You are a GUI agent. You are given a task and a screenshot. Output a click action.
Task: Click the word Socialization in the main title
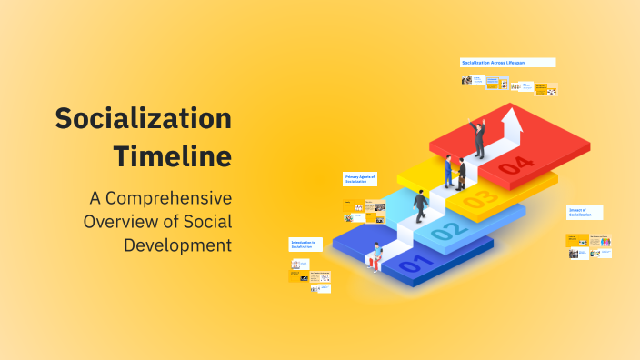point(143,119)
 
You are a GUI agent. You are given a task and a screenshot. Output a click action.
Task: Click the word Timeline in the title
point(172,155)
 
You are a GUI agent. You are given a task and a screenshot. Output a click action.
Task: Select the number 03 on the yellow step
point(481,197)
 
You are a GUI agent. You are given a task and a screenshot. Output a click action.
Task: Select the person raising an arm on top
point(477,137)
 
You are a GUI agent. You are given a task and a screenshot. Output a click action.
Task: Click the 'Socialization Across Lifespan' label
point(506,62)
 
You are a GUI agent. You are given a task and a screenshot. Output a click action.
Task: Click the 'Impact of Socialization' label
point(583,213)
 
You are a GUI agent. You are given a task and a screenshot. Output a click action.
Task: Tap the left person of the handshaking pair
point(448,172)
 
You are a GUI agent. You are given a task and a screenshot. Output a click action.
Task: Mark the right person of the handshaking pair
point(462,174)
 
